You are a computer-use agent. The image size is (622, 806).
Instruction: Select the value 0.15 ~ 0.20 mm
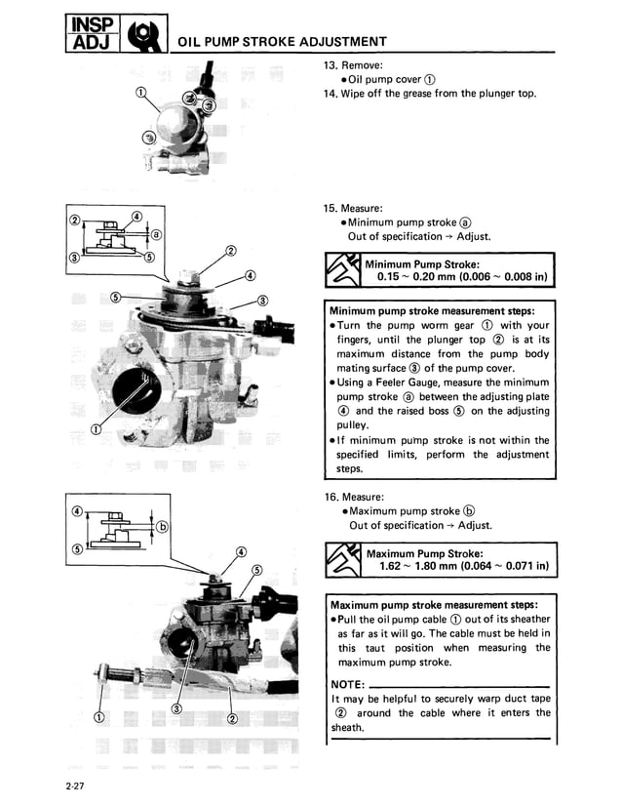coord(418,277)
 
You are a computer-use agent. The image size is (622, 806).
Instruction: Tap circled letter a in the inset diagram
coord(156,236)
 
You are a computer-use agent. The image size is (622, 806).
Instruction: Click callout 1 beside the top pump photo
coord(141,93)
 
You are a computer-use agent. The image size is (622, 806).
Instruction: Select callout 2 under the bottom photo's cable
coord(232,720)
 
